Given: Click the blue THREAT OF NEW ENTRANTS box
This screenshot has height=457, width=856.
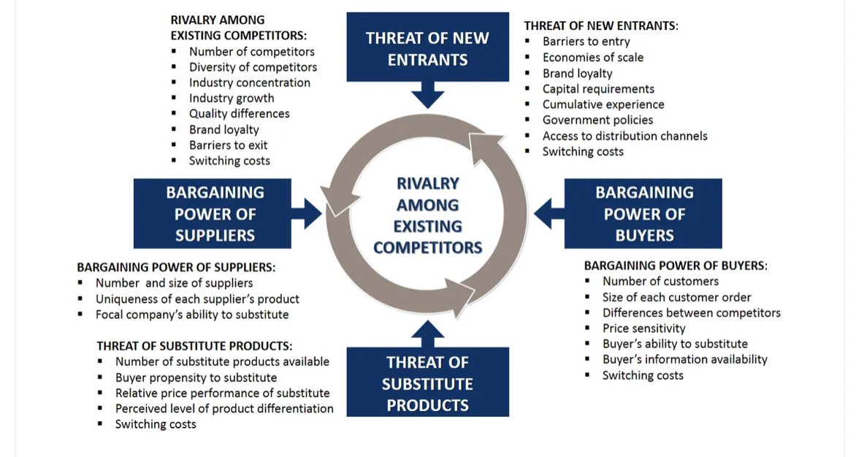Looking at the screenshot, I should click(x=427, y=47).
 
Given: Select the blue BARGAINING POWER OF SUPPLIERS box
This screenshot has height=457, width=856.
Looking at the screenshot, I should click(x=213, y=213).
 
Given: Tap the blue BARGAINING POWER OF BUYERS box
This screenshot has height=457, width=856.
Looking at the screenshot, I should click(x=643, y=213).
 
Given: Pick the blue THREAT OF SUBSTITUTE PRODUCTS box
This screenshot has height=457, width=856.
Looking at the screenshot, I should click(x=427, y=383).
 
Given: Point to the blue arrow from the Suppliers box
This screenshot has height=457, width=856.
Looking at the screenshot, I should click(x=307, y=213).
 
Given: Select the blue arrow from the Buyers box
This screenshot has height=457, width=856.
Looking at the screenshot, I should click(x=549, y=213).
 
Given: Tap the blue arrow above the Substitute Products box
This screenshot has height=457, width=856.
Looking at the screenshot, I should click(x=427, y=334).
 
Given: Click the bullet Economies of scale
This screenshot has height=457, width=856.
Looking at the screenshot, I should click(x=592, y=58).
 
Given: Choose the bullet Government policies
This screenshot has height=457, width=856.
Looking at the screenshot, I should click(x=597, y=120).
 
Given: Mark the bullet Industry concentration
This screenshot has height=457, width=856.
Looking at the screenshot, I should click(x=249, y=83).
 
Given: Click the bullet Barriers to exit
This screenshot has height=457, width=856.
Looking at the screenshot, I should click(x=229, y=145).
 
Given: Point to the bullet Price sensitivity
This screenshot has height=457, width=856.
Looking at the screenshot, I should click(x=643, y=329).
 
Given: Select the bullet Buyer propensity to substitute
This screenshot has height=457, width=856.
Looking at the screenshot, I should click(x=196, y=378).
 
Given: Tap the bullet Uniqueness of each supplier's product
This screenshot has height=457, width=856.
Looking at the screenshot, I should click(x=197, y=299).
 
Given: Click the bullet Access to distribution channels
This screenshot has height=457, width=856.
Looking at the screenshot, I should click(x=624, y=137).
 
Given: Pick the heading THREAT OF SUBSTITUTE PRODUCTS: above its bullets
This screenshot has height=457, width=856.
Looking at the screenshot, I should click(x=194, y=346).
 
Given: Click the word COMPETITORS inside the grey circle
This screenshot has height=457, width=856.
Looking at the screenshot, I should click(x=427, y=247).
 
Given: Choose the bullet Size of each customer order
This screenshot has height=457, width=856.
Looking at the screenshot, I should click(x=676, y=298).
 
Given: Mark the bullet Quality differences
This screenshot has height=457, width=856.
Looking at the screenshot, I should click(x=239, y=114).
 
